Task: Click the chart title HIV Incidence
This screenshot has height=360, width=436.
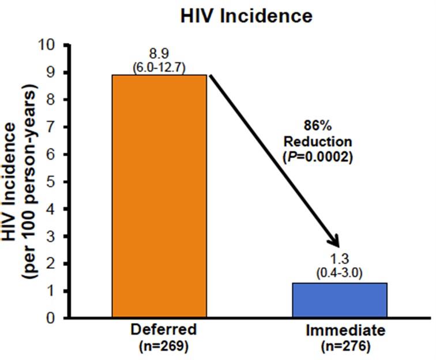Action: (246, 16)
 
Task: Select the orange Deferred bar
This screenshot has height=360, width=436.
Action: (159, 196)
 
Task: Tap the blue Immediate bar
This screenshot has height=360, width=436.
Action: (340, 300)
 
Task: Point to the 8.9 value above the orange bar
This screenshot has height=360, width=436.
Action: (159, 54)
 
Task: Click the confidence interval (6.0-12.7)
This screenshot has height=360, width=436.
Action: (159, 67)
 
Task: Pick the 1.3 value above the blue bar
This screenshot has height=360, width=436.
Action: (339, 259)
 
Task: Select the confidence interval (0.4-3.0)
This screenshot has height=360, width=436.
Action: (339, 273)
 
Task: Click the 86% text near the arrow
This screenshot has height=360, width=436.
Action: (318, 125)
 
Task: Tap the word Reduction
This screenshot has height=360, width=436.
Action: (318, 141)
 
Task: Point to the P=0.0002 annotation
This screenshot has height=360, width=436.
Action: (318, 157)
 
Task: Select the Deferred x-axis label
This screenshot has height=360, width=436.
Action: (164, 329)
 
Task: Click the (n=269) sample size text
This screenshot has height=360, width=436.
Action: (164, 346)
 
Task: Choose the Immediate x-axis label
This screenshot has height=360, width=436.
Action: (345, 331)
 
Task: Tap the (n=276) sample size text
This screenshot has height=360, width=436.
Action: (345, 347)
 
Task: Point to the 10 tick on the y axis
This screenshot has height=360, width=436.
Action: (46, 45)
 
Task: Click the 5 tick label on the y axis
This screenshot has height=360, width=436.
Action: (51, 182)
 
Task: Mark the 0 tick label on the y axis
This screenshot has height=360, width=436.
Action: (51, 318)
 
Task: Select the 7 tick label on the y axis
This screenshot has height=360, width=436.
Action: (51, 127)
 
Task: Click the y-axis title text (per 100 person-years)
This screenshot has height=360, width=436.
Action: (29, 181)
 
